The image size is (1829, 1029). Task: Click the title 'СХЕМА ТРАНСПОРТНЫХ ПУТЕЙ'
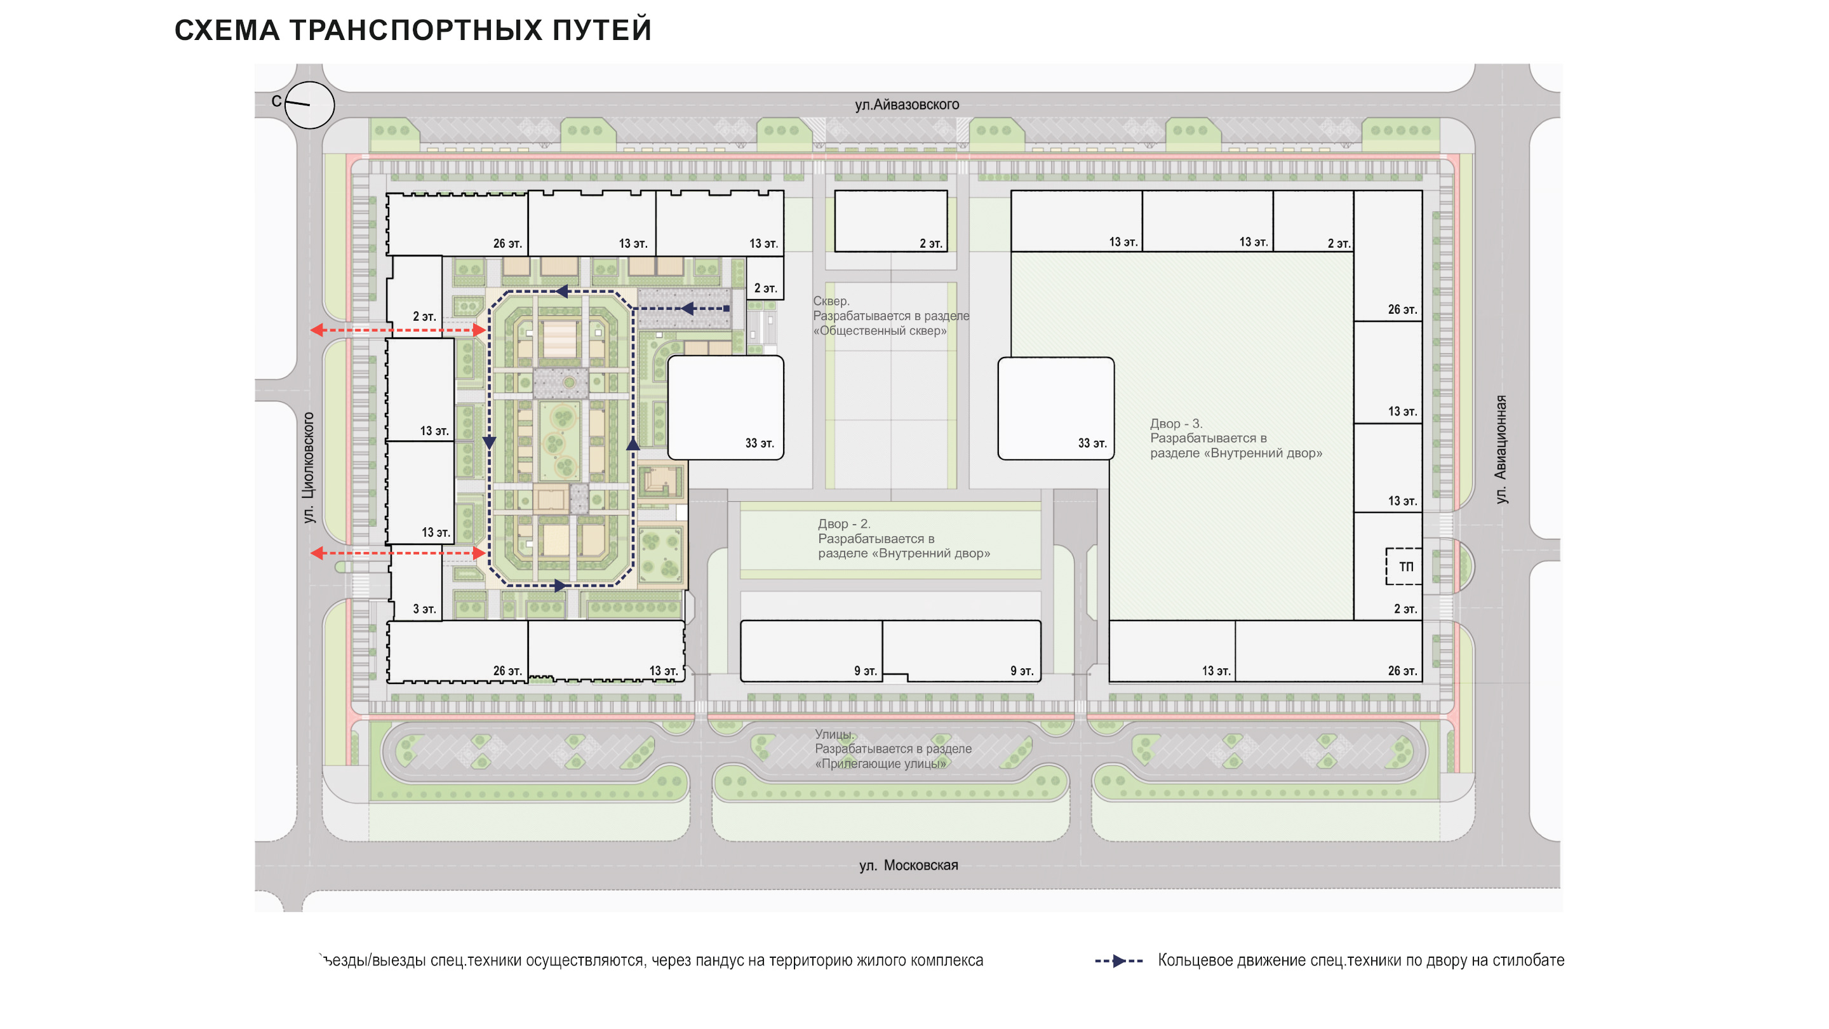(x=413, y=30)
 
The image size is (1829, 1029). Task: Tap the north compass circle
(x=309, y=104)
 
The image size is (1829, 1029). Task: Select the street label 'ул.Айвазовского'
(x=907, y=105)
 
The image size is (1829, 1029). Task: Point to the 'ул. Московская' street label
(x=908, y=865)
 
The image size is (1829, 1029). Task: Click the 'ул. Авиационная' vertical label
(x=1500, y=450)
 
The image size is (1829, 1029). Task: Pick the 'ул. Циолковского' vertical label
(x=308, y=467)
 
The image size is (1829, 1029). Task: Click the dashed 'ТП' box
(x=1403, y=566)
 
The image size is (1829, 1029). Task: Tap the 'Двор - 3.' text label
(x=1176, y=423)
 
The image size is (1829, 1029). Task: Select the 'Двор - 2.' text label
(x=843, y=523)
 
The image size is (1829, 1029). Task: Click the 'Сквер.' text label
(x=831, y=301)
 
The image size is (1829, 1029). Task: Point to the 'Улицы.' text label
(x=834, y=734)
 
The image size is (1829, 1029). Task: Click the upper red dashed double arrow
(x=398, y=330)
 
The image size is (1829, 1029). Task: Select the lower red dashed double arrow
(x=398, y=553)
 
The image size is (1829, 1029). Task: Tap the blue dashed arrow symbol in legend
(x=1118, y=961)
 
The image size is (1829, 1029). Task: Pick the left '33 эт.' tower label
(x=759, y=443)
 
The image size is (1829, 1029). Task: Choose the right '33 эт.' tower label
(x=1092, y=443)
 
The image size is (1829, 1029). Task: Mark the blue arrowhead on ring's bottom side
(x=560, y=586)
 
